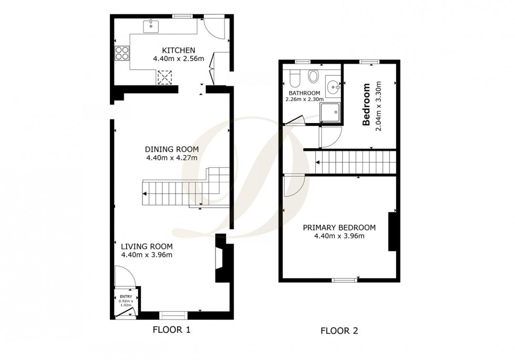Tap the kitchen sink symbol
click(x=151, y=24)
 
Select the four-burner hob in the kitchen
click(x=122, y=53)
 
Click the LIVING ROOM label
click(x=147, y=246)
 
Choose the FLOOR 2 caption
click(x=339, y=331)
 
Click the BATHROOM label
click(x=302, y=93)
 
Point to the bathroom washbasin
click(x=333, y=87)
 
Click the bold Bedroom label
click(x=367, y=104)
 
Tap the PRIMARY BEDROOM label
click(x=339, y=228)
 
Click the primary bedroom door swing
click(x=292, y=186)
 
